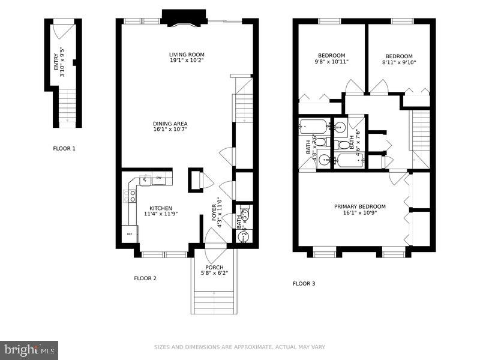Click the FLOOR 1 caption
click(64, 149)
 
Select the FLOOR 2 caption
click(145, 278)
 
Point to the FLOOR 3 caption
click(304, 283)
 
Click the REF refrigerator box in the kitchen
click(129, 234)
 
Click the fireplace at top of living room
click(184, 18)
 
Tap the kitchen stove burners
click(131, 196)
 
